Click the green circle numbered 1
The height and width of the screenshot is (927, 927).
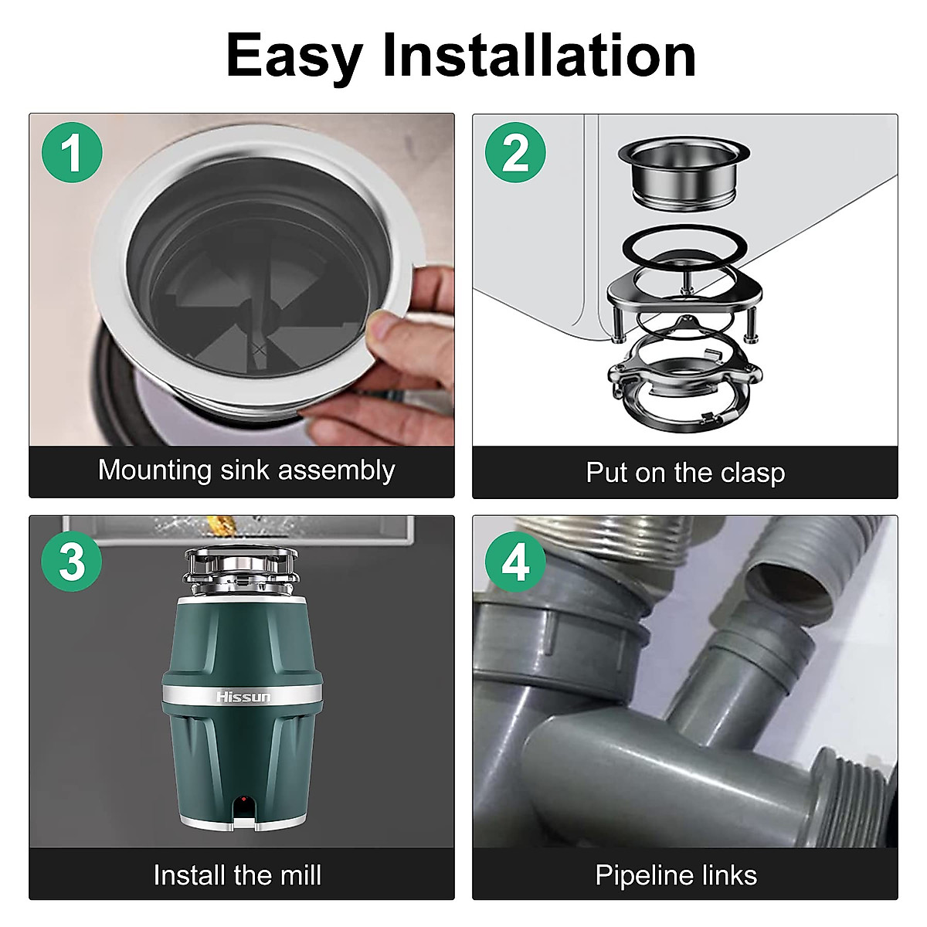click(x=72, y=152)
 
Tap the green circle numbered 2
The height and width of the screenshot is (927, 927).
click(x=515, y=152)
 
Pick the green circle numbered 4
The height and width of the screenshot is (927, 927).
click(x=515, y=562)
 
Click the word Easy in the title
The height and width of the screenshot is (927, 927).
click(x=294, y=58)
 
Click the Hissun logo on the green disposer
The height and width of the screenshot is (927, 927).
click(x=243, y=697)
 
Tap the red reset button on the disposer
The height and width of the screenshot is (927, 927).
click(x=244, y=800)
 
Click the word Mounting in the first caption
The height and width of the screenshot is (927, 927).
click(x=155, y=470)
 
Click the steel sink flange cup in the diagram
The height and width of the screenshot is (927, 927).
click(x=684, y=174)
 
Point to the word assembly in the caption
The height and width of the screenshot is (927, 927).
click(x=337, y=470)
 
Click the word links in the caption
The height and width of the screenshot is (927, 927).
click(x=728, y=875)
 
